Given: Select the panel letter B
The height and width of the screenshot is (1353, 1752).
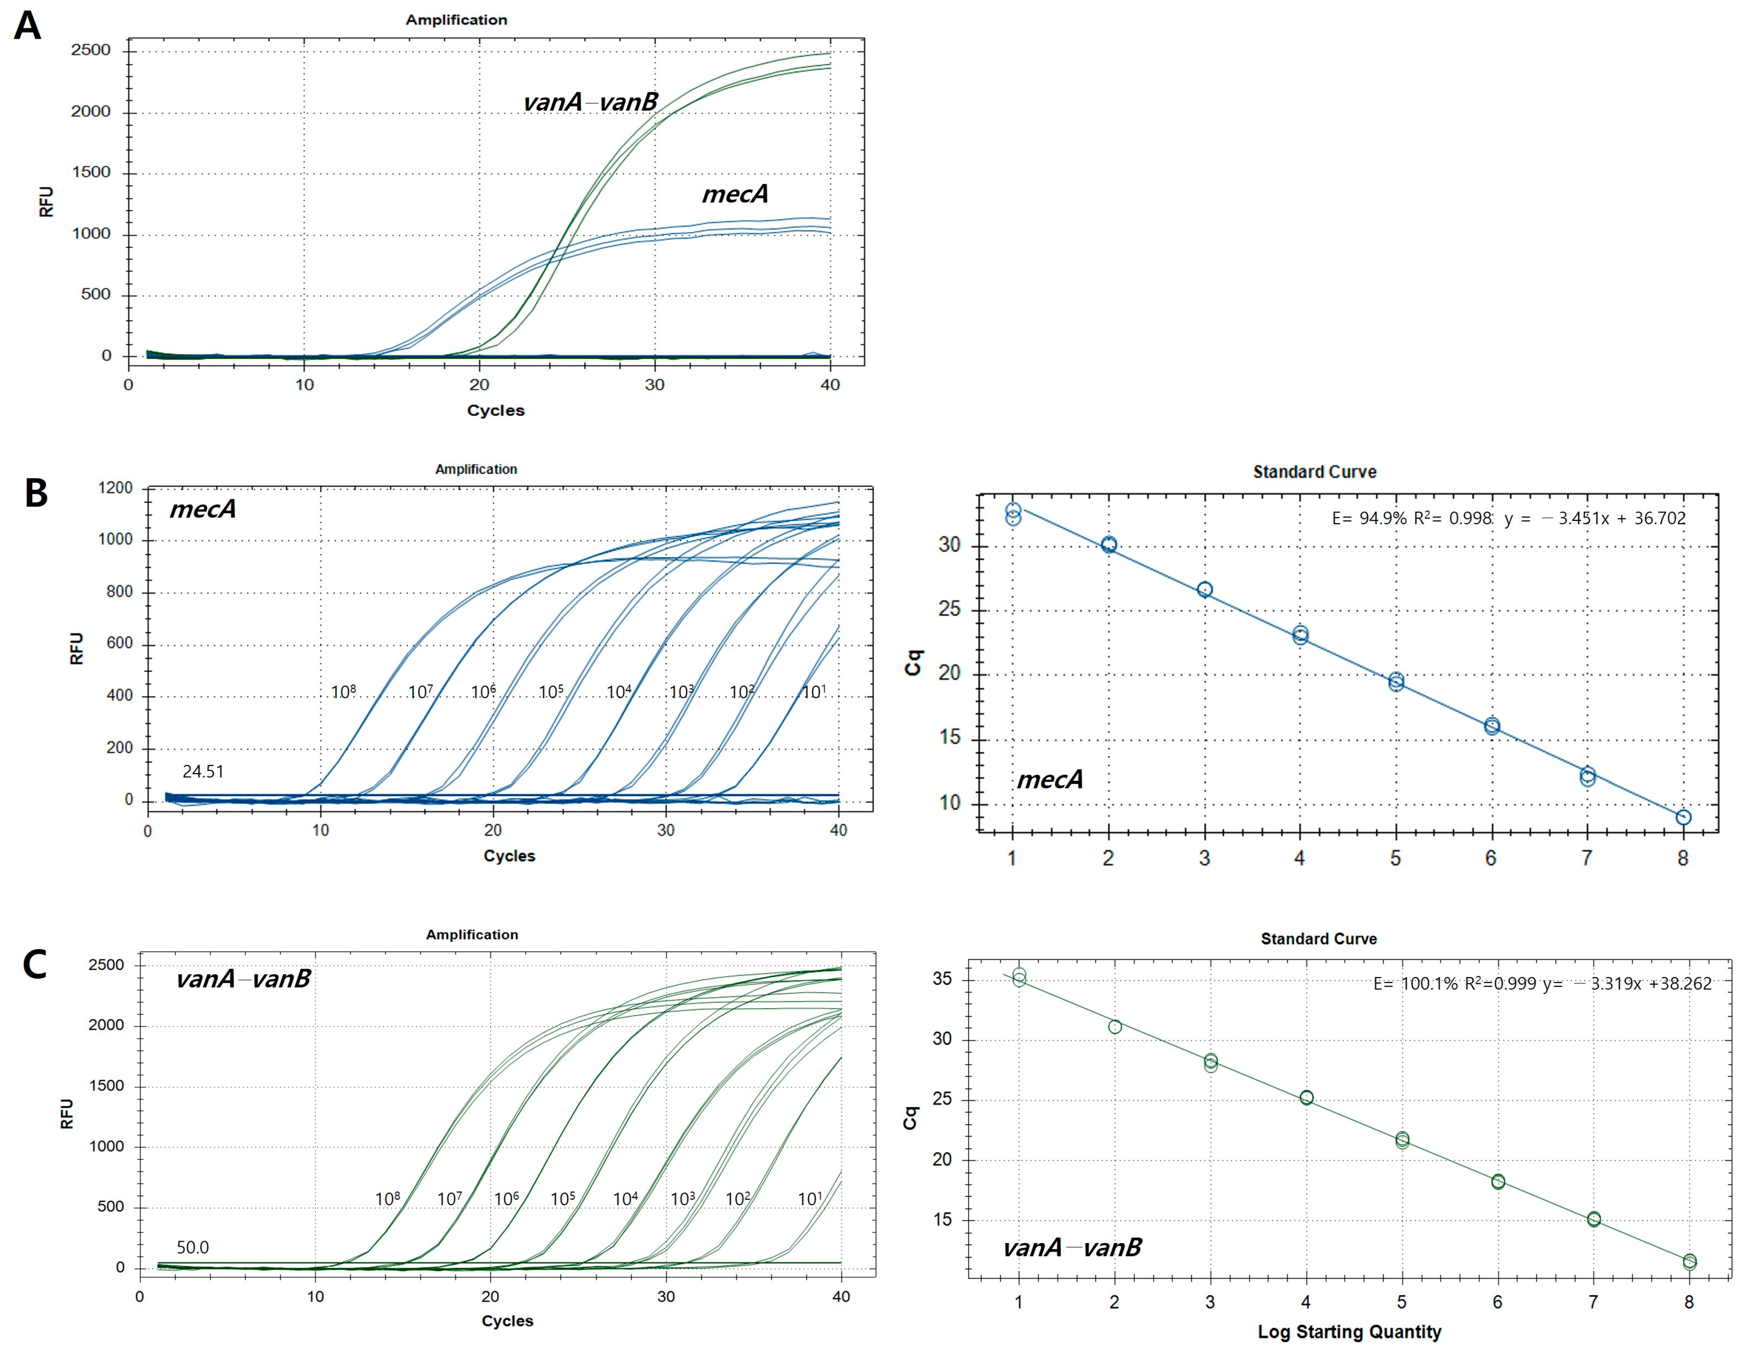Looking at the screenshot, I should click(x=36, y=492).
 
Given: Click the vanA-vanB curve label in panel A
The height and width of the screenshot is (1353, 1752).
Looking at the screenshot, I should click(x=591, y=102).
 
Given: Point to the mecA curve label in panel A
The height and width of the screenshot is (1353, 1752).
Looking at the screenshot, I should click(x=735, y=194).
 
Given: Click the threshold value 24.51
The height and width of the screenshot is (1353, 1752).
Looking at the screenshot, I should click(x=203, y=772).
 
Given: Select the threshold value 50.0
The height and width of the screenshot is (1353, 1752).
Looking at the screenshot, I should click(x=192, y=1247).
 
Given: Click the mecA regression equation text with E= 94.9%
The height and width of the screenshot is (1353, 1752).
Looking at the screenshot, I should click(x=1508, y=518).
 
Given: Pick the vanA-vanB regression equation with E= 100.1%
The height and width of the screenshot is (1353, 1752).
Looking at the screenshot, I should click(x=1542, y=983).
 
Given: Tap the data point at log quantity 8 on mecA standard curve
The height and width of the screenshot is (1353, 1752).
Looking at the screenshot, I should click(x=1683, y=817).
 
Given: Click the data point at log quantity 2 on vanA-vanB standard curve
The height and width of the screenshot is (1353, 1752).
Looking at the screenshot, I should click(x=1114, y=1027).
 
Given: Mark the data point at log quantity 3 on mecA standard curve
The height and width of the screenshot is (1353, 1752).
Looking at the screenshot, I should click(x=1204, y=589).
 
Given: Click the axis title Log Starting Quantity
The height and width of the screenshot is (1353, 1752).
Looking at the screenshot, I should click(x=1349, y=1332).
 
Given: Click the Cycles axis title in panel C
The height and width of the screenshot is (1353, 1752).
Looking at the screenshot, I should click(x=507, y=1320).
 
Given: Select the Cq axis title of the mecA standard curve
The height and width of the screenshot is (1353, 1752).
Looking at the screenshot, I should click(x=913, y=663).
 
